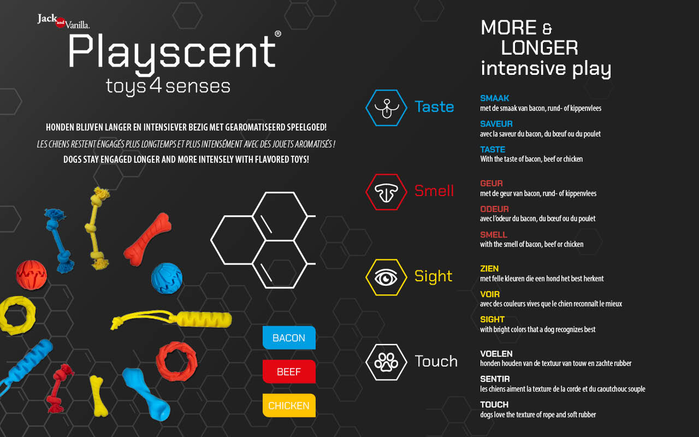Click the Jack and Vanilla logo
[64, 21]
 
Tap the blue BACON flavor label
[289, 338]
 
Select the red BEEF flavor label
[289, 371]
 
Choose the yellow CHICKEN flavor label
[289, 405]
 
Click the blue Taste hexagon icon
[386, 108]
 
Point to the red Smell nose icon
[386, 192]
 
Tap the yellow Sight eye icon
[386, 277]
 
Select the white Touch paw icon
[386, 362]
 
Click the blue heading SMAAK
[495, 98]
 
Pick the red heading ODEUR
[495, 209]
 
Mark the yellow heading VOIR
[490, 294]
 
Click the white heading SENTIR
[495, 379]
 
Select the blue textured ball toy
[167, 279]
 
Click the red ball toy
[31, 275]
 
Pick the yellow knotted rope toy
[97, 228]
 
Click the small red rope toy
[60, 388]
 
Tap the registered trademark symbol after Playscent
[278, 34]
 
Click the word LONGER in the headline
[540, 48]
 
